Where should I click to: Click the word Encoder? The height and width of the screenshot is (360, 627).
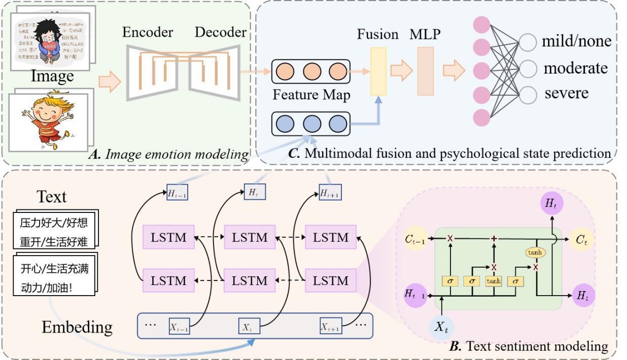(148, 32)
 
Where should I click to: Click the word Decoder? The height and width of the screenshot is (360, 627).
(221, 32)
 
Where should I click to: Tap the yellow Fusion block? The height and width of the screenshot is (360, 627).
(378, 71)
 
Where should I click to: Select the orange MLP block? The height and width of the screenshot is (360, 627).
(425, 71)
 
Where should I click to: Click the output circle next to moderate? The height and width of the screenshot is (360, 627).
(528, 68)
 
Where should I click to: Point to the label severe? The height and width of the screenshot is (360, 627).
(567, 93)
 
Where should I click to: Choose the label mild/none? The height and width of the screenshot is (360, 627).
(576, 41)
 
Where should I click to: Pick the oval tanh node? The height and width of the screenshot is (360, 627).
(534, 253)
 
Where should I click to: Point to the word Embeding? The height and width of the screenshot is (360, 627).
(77, 327)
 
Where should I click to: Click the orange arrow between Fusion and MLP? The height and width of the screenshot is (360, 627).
(401, 71)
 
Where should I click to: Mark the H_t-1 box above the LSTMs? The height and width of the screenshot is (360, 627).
(178, 193)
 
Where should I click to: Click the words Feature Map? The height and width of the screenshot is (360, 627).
(311, 95)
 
